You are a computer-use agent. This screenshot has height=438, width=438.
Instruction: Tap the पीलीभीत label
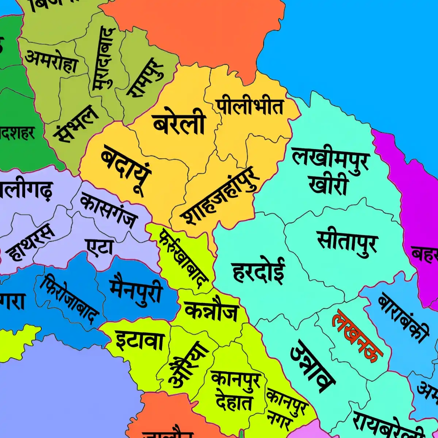(x=250, y=106)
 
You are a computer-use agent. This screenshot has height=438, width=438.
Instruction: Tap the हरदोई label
(x=258, y=271)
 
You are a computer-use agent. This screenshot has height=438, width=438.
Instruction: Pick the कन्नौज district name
(x=211, y=312)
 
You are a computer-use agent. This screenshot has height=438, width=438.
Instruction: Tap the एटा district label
(x=100, y=248)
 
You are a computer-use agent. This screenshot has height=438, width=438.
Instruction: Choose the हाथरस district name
(x=31, y=243)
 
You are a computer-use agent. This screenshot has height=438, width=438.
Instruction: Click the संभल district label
(x=76, y=124)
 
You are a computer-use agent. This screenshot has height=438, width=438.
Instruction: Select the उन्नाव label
(x=312, y=367)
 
